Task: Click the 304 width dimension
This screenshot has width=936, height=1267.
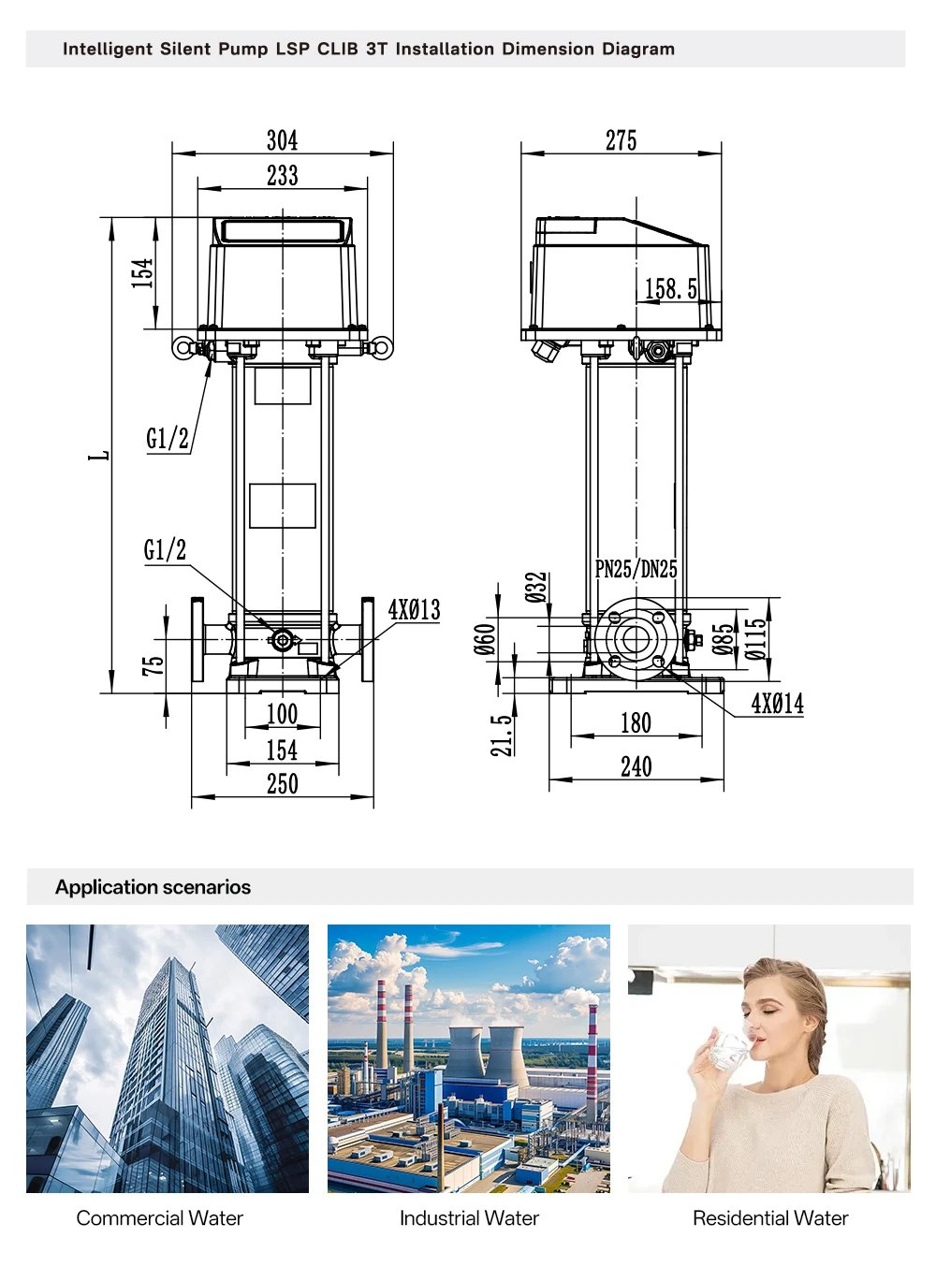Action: click(283, 140)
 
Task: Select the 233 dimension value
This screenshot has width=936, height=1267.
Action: click(283, 175)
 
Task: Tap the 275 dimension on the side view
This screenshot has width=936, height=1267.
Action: click(622, 140)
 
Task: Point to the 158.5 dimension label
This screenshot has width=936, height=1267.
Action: click(671, 288)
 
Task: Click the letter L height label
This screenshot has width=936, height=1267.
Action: click(99, 456)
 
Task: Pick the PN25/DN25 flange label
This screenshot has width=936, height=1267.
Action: click(636, 569)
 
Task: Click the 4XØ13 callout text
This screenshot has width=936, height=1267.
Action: click(415, 610)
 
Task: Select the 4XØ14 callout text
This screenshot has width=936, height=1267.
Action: click(777, 704)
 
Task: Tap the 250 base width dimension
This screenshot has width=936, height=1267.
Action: click(283, 784)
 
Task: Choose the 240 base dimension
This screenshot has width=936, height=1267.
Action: click(636, 766)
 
